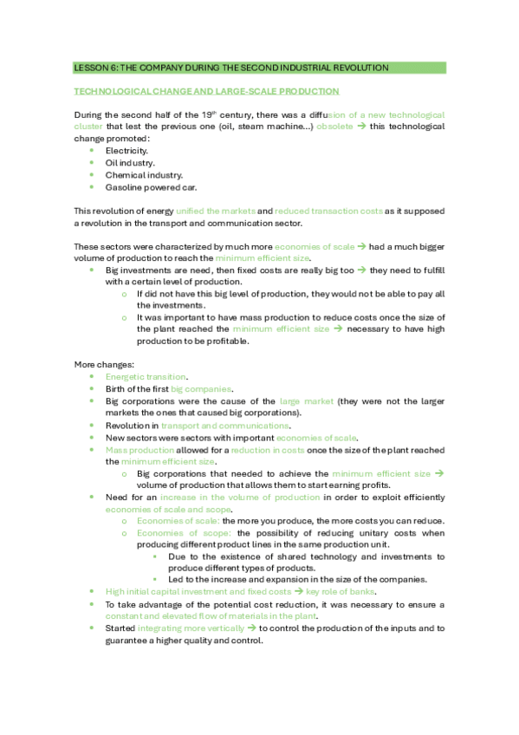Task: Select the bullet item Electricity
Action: click(127, 150)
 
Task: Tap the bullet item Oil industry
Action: click(130, 162)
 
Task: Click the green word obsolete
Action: click(334, 127)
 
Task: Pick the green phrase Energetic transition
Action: click(146, 377)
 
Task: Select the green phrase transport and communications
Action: click(224, 426)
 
